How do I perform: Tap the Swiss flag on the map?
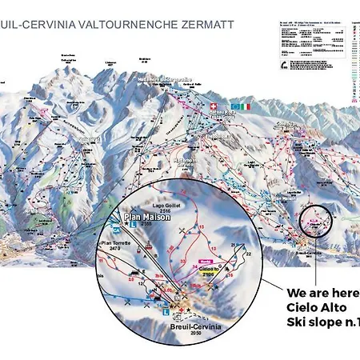coord(213,106)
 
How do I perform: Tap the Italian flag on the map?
coord(243,106)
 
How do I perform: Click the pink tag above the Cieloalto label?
coord(206,261)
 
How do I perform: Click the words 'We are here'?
coord(322,292)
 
